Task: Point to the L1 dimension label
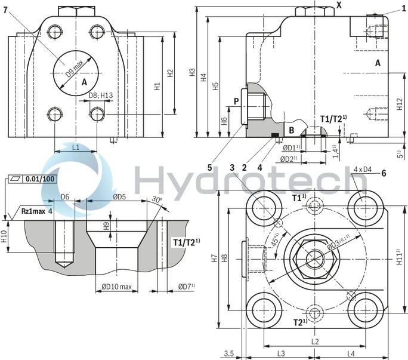[76, 146]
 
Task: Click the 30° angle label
[157, 199]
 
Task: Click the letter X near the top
[339, 5]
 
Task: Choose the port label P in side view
[236, 101]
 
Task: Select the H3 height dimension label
[192, 72]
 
